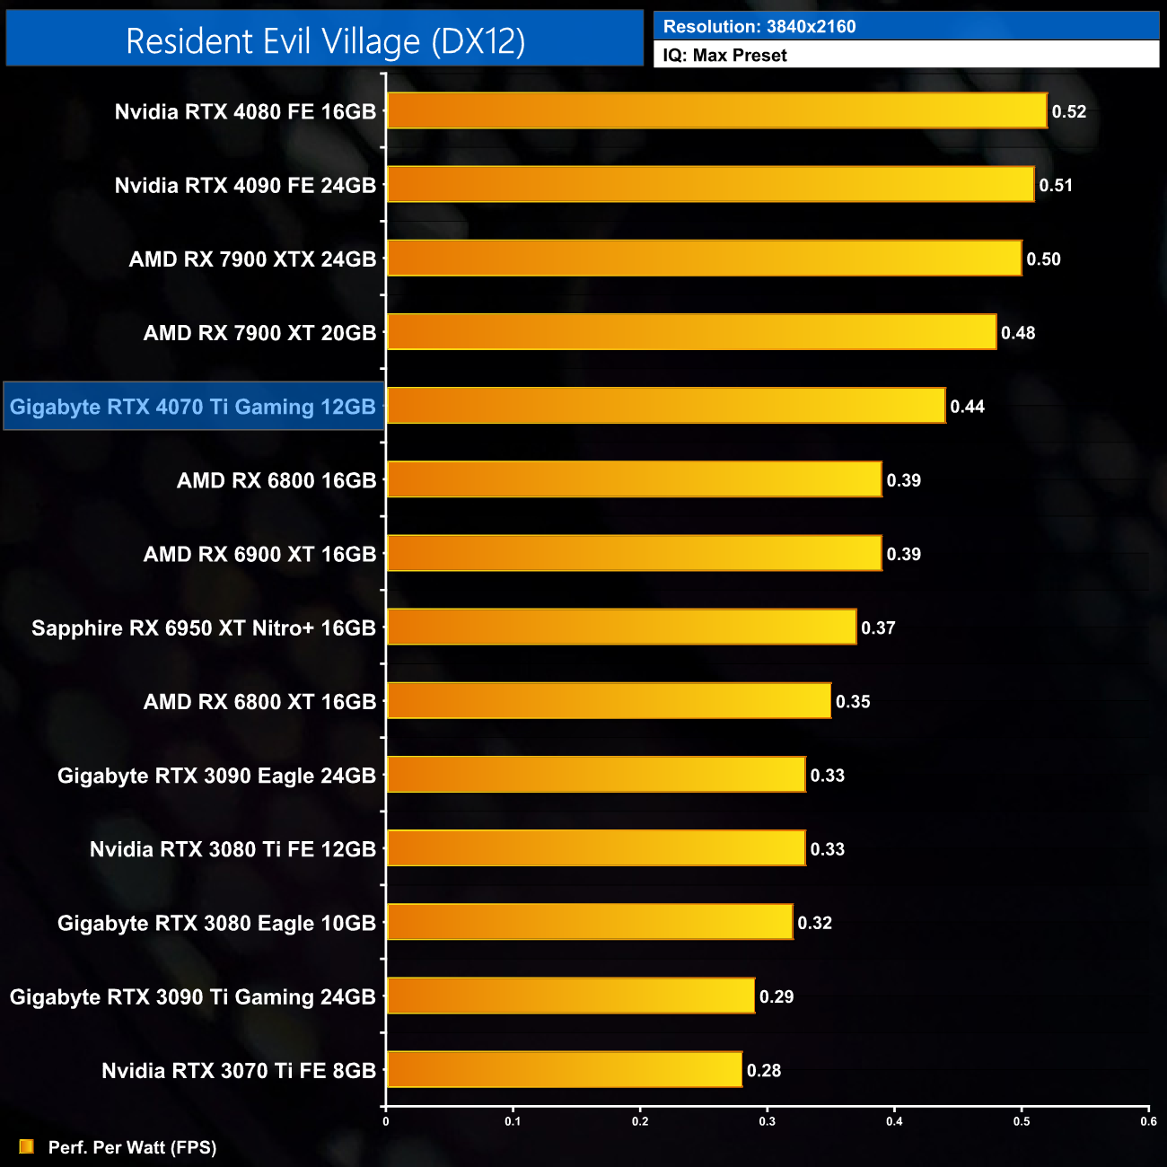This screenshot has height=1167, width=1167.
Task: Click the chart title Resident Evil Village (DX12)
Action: pos(325,41)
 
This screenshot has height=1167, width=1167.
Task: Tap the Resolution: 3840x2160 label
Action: pos(759,27)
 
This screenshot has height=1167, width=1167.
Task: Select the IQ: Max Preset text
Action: pos(724,56)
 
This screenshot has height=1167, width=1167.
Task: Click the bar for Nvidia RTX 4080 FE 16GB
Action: pos(716,111)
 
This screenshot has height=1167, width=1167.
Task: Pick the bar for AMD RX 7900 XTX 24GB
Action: pos(704,259)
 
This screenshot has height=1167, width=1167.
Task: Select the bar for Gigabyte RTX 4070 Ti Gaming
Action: pos(665,406)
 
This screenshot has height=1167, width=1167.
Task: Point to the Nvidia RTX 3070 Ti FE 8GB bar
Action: pos(564,1070)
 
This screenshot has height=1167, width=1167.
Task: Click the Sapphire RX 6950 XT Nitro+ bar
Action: pos(621,627)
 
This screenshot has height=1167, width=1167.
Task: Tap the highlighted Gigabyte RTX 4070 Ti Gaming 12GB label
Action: pos(193,407)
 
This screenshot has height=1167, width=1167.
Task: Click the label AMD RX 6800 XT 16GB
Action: pos(259,702)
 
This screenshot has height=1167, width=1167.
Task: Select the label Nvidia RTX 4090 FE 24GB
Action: pos(245,186)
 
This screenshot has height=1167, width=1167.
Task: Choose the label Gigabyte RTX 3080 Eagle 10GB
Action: pos(216,924)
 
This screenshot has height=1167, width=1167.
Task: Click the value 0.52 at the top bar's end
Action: pos(1069,112)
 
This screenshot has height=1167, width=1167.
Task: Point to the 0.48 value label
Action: pos(1018,333)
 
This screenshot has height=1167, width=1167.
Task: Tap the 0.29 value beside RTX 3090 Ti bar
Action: pos(777,997)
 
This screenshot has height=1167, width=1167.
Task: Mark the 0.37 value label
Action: pos(878,628)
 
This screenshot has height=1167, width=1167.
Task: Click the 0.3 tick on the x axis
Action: pos(768,1121)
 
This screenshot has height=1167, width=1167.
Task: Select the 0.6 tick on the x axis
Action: pos(1148,1121)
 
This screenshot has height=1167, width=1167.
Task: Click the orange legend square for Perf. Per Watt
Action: pos(27,1146)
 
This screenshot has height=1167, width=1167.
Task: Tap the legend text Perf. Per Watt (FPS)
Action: pos(132,1147)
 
